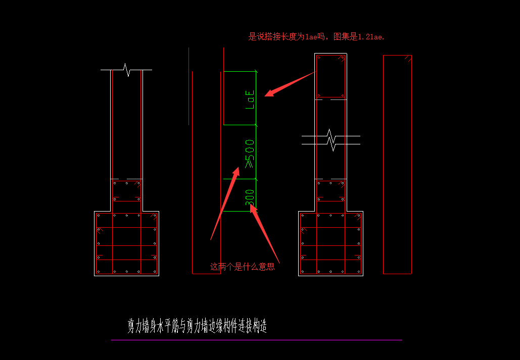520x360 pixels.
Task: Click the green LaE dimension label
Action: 250,99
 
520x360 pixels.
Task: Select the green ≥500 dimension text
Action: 250,154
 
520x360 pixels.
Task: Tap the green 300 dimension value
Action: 250,197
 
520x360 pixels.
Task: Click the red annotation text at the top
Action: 316,36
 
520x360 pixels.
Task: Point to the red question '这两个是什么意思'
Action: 243,267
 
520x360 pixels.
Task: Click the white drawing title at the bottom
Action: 197,326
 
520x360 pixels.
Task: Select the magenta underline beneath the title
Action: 257,340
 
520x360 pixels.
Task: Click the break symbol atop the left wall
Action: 126,70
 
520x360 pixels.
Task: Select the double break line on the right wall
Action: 331,140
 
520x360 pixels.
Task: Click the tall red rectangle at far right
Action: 397,165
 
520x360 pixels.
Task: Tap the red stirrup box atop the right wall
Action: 330,77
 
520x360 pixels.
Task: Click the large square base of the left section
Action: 127,244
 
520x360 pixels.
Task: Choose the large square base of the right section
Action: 330,244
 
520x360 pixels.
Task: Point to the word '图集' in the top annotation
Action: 339,36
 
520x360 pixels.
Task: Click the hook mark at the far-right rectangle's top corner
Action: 408,59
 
